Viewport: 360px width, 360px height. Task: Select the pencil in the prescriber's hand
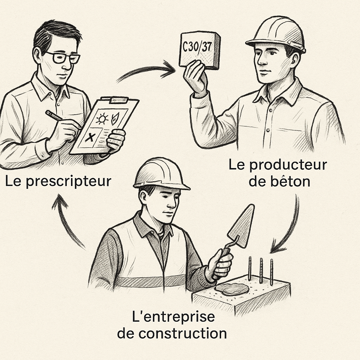pos(54,115)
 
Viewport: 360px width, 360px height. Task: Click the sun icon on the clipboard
pos(102,119)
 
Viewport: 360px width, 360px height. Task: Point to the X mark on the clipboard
pos(90,137)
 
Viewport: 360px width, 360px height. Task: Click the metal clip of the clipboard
pos(119,100)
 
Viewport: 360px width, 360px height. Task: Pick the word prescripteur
pos(69,182)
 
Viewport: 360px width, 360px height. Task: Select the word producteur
pos(288,165)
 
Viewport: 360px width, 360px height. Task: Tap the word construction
pos(182,333)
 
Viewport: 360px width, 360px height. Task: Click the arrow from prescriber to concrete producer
pos(147,69)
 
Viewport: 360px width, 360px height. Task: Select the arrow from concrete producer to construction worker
pos(290,227)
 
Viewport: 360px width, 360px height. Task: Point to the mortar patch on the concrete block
pos(232,290)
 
